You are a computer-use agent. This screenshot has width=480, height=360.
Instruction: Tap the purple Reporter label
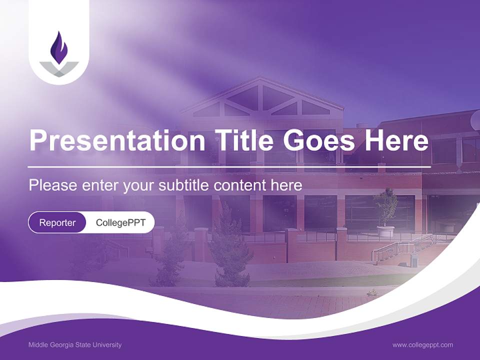coord(57,222)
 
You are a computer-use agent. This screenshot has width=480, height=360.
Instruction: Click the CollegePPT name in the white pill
coord(120,222)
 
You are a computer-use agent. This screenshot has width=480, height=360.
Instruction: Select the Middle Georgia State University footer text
coord(75,345)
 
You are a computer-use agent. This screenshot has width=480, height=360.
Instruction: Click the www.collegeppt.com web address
coord(422,345)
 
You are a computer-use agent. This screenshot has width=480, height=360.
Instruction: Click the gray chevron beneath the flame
coord(59,69)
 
